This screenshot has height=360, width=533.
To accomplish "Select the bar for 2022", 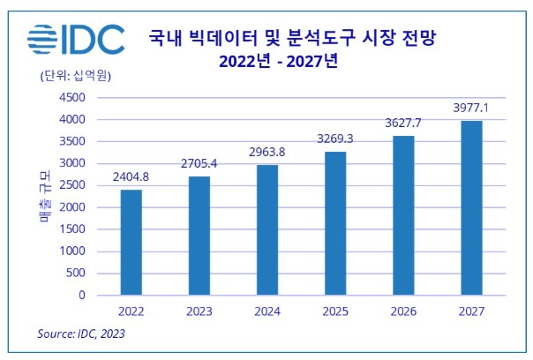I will click(x=130, y=243).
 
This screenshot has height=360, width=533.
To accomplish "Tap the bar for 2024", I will click(x=266, y=229).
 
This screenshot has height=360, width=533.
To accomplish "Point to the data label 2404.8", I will click(x=130, y=176).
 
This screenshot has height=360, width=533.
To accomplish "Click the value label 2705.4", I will click(x=199, y=163).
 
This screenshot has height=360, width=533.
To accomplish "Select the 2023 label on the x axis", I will click(x=199, y=311).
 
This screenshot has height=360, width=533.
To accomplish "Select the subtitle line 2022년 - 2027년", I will click(x=289, y=62).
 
